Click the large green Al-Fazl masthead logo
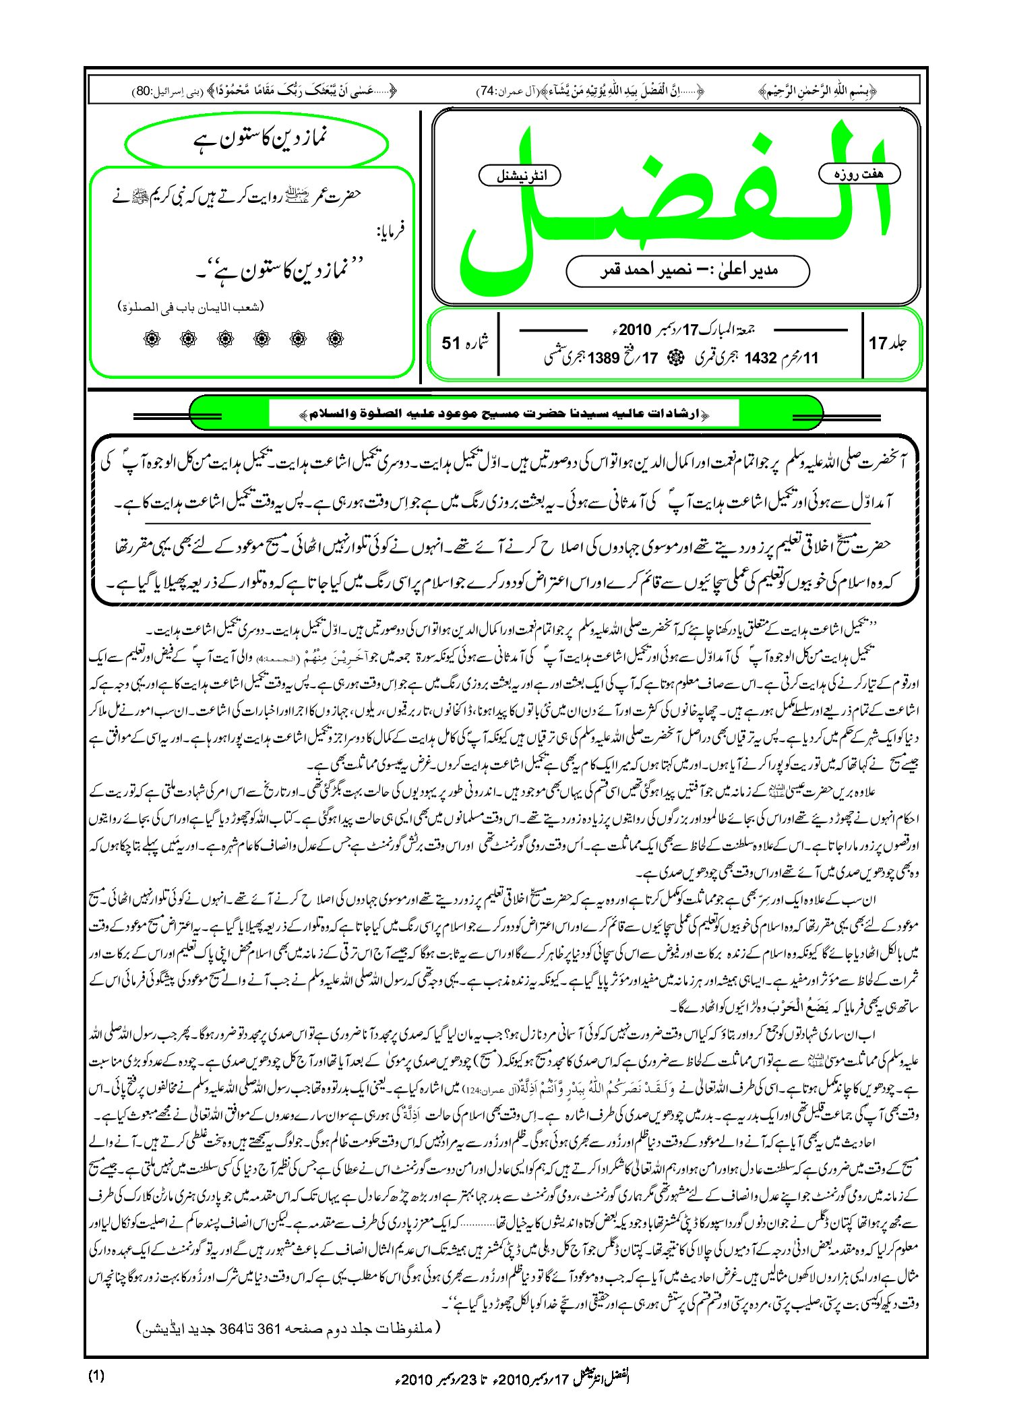674,202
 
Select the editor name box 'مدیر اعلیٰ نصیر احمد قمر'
687,270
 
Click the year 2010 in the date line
635,330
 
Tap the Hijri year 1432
760,358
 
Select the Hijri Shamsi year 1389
604,358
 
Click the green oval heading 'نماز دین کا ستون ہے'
257,140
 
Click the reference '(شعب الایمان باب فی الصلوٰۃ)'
191,307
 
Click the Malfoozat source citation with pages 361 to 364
290,1329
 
